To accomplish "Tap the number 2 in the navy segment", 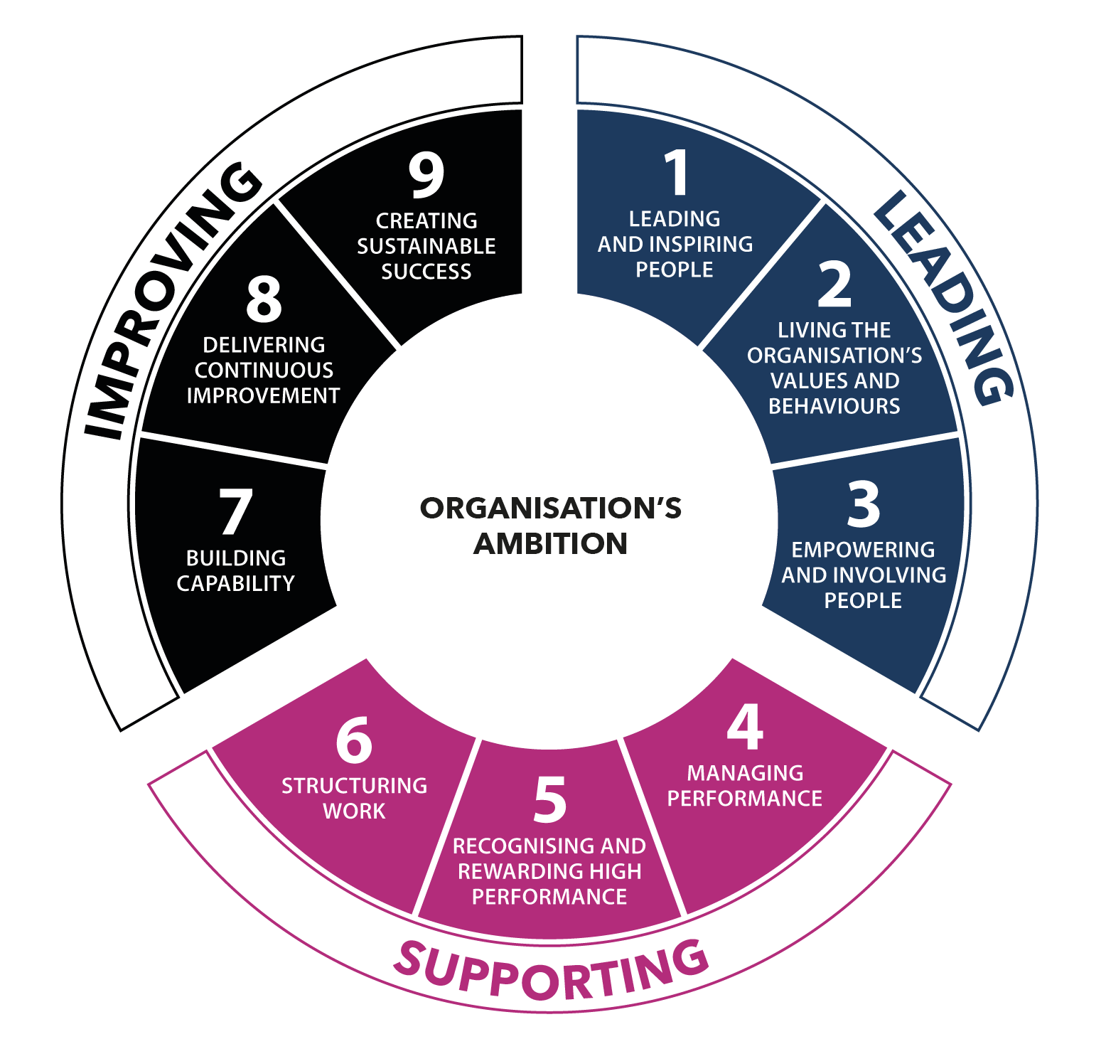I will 834,284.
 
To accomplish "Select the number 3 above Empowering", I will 864,504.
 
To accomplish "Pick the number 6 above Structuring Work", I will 354,740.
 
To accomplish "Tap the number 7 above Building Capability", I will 235,512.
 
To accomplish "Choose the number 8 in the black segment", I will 264,299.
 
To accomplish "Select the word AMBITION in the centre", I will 551,544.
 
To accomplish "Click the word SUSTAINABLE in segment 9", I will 426,246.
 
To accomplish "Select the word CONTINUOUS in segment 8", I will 264,371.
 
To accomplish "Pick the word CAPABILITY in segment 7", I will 235,584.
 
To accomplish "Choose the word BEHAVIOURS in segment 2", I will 834,406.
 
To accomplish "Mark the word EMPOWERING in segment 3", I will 864,550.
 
